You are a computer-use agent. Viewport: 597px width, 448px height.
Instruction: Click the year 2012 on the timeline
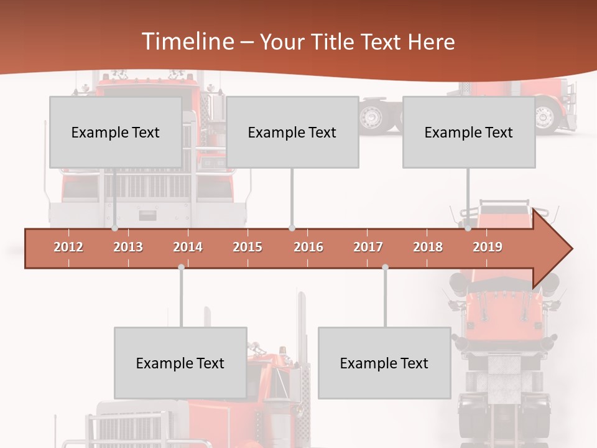(x=68, y=247)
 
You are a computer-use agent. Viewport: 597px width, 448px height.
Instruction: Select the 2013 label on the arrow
(x=128, y=247)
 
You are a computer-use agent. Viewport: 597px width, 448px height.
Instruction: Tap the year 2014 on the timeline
(x=188, y=247)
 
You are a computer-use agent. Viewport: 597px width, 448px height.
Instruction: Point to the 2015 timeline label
(x=248, y=247)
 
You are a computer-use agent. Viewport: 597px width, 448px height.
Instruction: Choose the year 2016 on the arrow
(x=308, y=247)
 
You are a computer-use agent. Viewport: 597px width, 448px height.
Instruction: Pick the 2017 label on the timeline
(x=368, y=247)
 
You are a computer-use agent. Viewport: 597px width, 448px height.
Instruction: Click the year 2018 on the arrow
(x=428, y=247)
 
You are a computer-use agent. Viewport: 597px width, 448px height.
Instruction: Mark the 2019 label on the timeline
(x=488, y=247)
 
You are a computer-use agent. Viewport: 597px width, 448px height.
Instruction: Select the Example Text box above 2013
(x=116, y=132)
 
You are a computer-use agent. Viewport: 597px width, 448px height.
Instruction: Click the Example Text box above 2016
(x=292, y=132)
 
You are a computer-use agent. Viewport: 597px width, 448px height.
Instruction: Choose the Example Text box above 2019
(x=469, y=132)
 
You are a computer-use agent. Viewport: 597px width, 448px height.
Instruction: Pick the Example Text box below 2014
(x=180, y=363)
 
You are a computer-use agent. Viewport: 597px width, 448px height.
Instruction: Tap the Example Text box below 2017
(x=384, y=363)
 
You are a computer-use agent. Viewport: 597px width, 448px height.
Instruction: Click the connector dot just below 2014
(x=181, y=267)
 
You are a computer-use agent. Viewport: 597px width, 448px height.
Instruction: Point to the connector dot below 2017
(x=385, y=267)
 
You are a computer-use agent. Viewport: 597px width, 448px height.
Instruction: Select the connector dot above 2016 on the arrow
(x=292, y=228)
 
